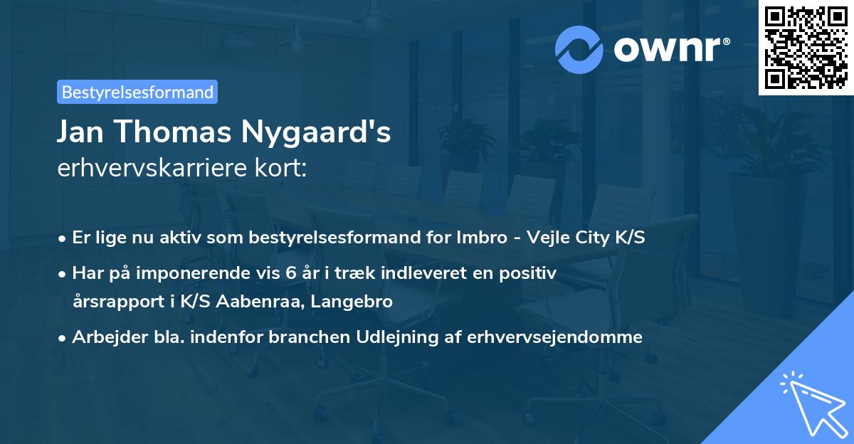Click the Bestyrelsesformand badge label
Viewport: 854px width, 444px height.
[137, 92]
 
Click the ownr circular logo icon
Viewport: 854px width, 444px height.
[579, 50]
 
